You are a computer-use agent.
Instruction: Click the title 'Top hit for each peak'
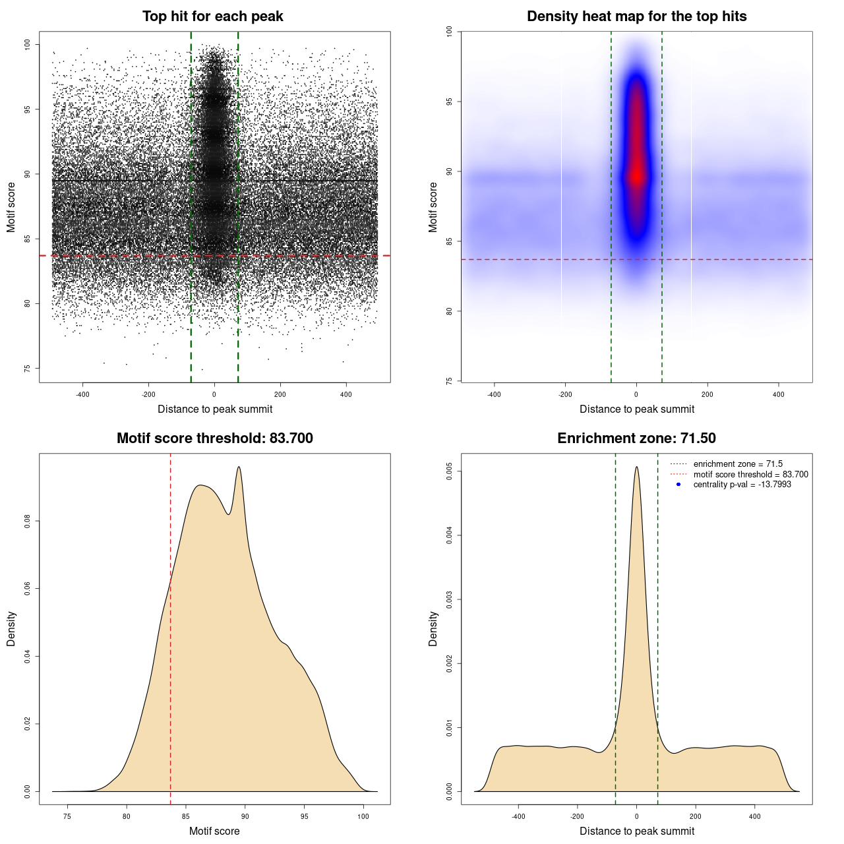pos(212,16)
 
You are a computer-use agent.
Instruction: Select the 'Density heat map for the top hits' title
pos(636,16)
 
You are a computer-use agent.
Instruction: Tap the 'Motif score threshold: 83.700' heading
pos(214,438)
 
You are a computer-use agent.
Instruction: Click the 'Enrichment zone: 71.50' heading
pos(636,438)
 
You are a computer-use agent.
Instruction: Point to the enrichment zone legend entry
pos(737,464)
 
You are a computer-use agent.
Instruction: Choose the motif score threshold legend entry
pos(750,474)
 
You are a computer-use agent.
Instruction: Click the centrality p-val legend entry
pos(742,485)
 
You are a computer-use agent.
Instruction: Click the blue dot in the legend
pos(678,485)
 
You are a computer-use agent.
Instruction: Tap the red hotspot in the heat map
pos(636,175)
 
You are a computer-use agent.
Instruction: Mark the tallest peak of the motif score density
pos(239,467)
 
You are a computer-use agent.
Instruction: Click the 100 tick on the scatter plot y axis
pos(27,44)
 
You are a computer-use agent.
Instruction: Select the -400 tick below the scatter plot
pos(82,394)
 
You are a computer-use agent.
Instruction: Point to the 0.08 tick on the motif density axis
pos(27,521)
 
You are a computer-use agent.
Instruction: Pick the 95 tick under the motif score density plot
pos(304,816)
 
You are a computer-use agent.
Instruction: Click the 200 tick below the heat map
pos(708,394)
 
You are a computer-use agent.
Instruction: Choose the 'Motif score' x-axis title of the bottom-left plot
pos(214,831)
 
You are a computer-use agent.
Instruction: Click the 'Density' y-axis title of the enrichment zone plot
pos(433,628)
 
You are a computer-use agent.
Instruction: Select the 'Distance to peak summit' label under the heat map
pos(636,409)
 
